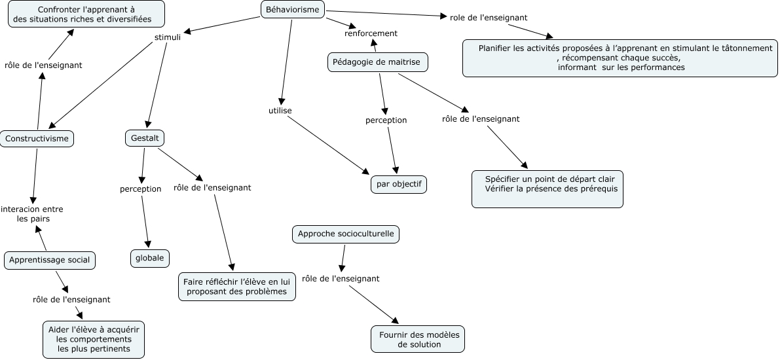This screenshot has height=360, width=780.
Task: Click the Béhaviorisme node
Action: coord(293,10)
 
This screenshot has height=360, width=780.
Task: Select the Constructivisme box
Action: coord(37,138)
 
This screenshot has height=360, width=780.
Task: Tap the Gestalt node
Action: coord(144,138)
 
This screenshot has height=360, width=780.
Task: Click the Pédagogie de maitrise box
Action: coord(377,62)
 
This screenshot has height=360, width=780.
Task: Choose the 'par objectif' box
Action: coord(398,185)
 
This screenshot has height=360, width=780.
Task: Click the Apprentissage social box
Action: coord(50,260)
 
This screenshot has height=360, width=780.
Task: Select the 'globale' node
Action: coord(149,258)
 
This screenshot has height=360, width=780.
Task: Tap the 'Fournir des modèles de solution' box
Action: coord(418,339)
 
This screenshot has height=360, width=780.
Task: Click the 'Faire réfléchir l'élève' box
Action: coord(236,287)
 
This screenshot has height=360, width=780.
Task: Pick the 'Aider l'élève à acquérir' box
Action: coord(94,339)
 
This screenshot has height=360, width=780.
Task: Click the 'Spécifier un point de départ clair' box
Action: coord(548,189)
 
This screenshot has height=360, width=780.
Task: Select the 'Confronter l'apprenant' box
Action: coord(86,14)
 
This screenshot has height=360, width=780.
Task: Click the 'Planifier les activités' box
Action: coord(620,58)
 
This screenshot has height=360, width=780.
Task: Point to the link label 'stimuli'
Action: coord(167,37)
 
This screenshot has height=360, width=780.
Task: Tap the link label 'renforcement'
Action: coord(371,33)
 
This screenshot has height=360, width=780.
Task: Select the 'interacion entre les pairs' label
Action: coord(32,214)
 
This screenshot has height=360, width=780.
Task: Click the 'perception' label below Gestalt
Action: coord(140,189)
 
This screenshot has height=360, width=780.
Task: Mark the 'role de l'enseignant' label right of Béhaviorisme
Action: coord(489,17)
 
